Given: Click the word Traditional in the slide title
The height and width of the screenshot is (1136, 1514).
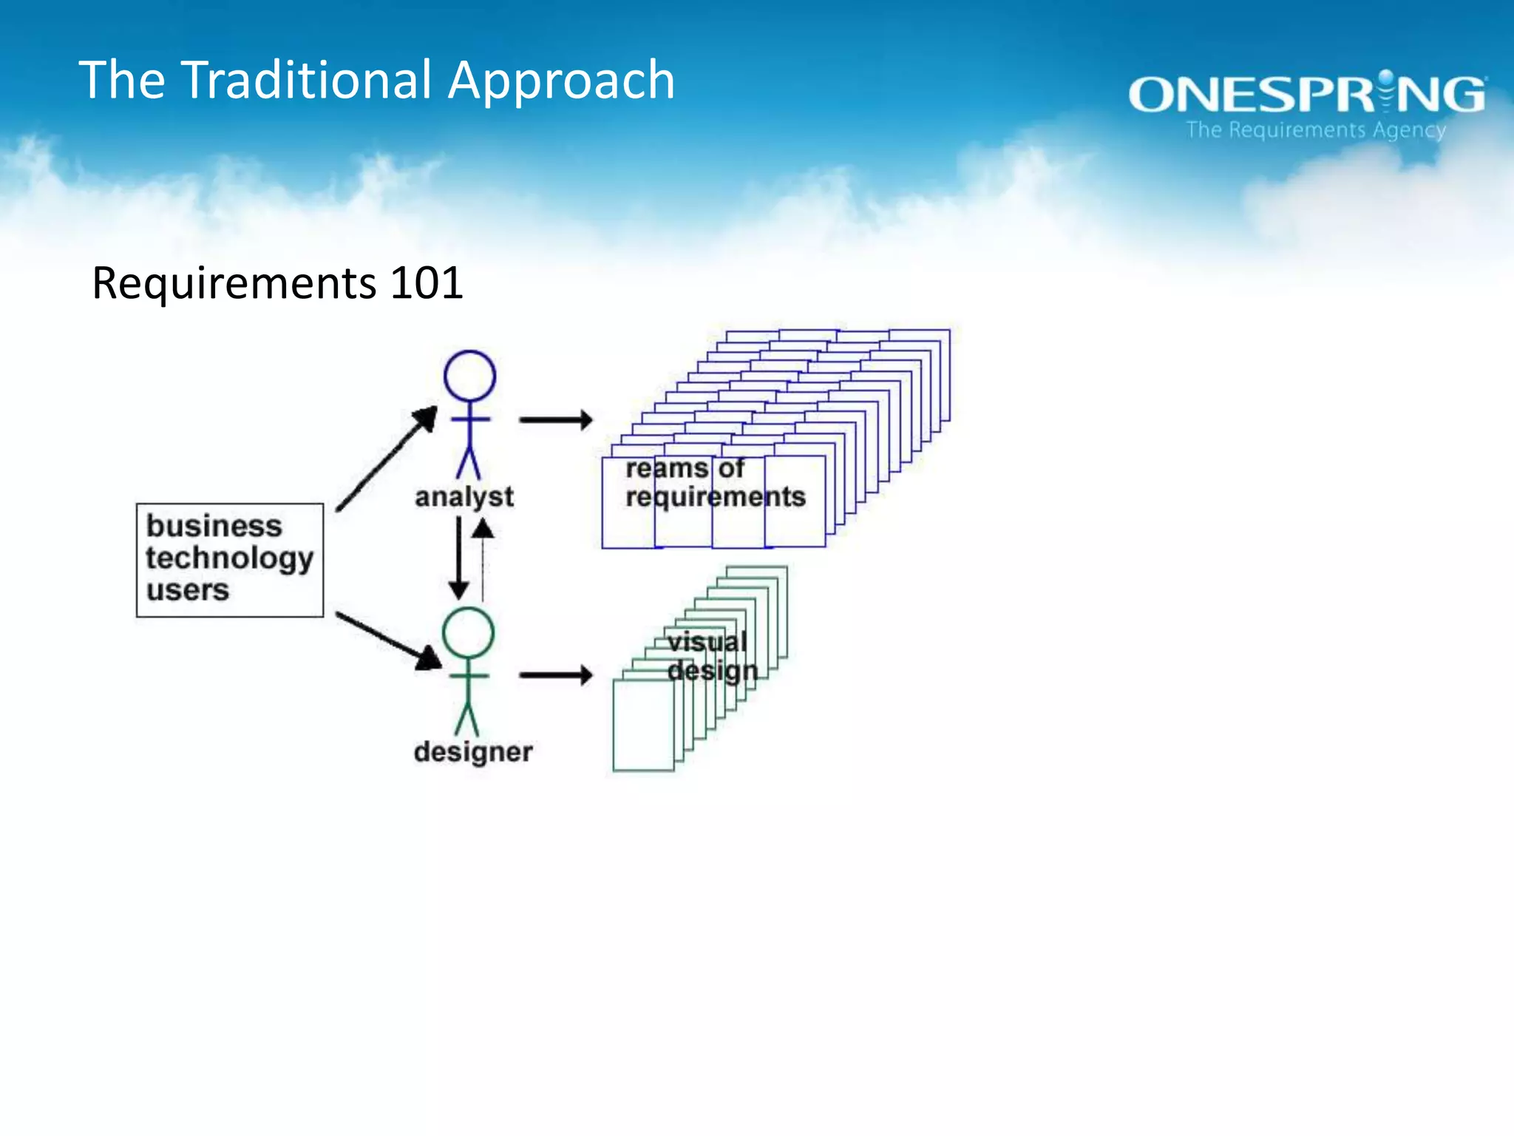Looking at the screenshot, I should (x=307, y=80).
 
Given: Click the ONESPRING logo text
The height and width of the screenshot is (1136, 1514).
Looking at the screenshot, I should (x=1306, y=95).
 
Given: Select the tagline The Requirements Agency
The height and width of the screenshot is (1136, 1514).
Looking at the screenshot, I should (x=1316, y=130).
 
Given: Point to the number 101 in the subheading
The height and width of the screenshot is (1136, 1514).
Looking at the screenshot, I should (x=427, y=283).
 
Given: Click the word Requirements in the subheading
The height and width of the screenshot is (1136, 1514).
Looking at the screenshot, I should (x=234, y=284).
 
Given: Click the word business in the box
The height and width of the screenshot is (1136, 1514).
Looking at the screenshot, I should (x=214, y=526).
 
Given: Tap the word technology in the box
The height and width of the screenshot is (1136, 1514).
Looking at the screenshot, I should (x=229, y=558).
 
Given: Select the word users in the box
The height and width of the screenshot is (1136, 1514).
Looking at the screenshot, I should (x=188, y=590).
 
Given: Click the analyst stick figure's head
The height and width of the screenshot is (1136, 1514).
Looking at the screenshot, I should (x=469, y=376).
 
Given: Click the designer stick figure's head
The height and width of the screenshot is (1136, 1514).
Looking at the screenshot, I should (x=468, y=633).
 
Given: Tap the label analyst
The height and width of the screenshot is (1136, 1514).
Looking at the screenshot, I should (x=464, y=497).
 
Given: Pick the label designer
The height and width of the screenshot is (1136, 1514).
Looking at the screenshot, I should (x=473, y=752).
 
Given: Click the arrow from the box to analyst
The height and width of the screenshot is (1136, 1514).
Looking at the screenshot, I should (x=387, y=459).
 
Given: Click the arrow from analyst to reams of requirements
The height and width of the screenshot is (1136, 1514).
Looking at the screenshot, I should (x=556, y=420).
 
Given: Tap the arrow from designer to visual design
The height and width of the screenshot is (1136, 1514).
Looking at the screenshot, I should (x=556, y=674).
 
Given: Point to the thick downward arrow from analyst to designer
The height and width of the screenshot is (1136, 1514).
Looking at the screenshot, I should (x=458, y=558).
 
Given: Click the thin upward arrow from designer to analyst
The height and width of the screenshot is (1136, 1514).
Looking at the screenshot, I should (x=483, y=559).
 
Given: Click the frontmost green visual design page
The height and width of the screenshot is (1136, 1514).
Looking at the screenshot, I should (x=642, y=726).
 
